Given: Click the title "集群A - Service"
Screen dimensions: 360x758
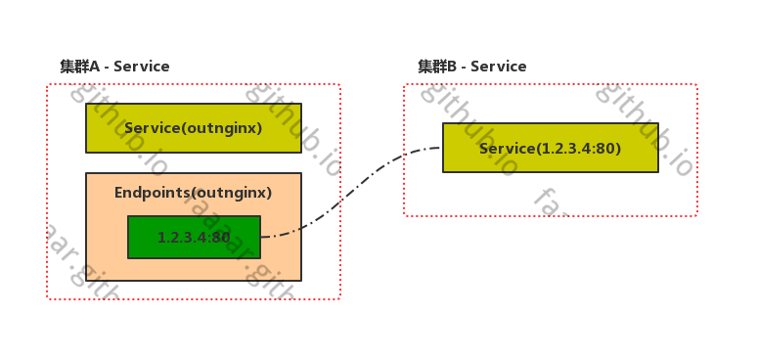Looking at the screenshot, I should click(114, 67).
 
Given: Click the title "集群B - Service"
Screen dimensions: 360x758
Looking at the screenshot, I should click(471, 67).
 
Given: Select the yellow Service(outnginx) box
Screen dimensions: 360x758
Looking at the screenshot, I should click(194, 128).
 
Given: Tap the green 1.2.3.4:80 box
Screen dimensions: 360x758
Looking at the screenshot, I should click(194, 237).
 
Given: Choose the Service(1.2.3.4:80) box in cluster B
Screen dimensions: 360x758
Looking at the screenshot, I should click(550, 148).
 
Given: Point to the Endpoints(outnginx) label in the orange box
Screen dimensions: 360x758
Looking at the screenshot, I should click(193, 193).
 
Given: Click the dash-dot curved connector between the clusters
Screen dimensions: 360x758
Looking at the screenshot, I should click(342, 201).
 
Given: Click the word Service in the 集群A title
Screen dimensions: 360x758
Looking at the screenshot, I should click(142, 67).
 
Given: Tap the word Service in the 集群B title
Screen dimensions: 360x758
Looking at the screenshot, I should click(499, 67).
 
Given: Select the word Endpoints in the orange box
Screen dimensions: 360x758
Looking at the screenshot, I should click(149, 193).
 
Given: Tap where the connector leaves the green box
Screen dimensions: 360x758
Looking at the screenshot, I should click(261, 237).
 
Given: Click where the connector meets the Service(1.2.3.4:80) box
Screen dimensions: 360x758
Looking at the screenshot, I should click(442, 149).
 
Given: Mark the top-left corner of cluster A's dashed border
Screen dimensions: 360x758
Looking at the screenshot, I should click(47, 85).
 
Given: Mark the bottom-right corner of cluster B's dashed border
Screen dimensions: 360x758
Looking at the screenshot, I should click(696, 215).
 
